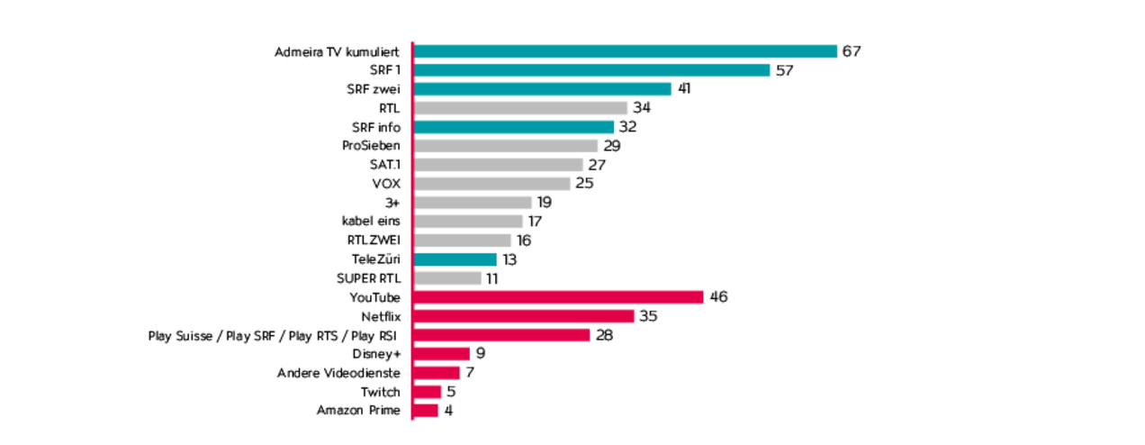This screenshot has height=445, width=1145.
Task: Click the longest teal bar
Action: [627, 52]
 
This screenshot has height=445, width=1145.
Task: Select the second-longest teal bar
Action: [594, 70]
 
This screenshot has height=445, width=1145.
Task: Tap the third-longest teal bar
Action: [544, 89]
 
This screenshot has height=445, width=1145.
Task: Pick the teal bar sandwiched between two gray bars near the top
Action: [516, 127]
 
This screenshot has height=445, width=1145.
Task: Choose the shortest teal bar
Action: [457, 259]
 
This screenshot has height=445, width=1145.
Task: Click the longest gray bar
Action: [522, 108]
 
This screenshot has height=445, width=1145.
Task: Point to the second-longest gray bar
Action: [508, 146]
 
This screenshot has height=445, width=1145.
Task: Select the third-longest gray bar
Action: [500, 165]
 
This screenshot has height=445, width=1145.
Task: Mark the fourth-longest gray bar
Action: [493, 184]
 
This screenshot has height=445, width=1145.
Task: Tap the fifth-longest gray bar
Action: [474, 203]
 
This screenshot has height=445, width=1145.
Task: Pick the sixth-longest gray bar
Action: [470, 222]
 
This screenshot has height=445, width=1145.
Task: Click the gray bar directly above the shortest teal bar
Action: [464, 241]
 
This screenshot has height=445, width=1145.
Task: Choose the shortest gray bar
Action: [449, 278]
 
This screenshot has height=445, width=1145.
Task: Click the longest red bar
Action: [561, 297]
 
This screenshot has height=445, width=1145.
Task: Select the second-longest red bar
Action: [526, 316]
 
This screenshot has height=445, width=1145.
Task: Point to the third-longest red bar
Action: [503, 335]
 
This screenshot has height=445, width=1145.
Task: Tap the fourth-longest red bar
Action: [444, 354]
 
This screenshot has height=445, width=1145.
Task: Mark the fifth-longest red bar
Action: [439, 373]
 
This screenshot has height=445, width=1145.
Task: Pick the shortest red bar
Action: [428, 411]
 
